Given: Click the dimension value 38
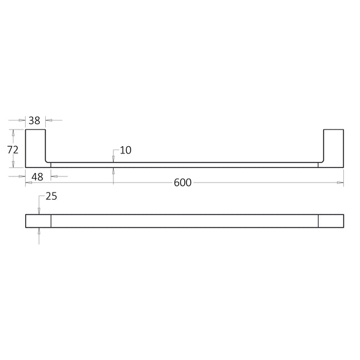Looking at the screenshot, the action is click(x=35, y=121).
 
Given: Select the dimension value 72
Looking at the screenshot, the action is click(x=13, y=150).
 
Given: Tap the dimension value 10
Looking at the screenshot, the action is click(x=126, y=150).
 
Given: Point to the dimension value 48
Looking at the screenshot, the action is click(x=37, y=177).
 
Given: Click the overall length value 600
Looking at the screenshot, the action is click(x=183, y=183).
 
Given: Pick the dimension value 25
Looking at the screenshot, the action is click(x=51, y=196).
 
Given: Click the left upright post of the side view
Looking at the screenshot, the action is click(x=35, y=148).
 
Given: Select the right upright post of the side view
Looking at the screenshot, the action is click(x=334, y=148).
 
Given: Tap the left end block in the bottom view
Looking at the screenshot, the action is click(x=38, y=221).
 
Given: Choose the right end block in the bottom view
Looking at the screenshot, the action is click(x=331, y=221).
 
